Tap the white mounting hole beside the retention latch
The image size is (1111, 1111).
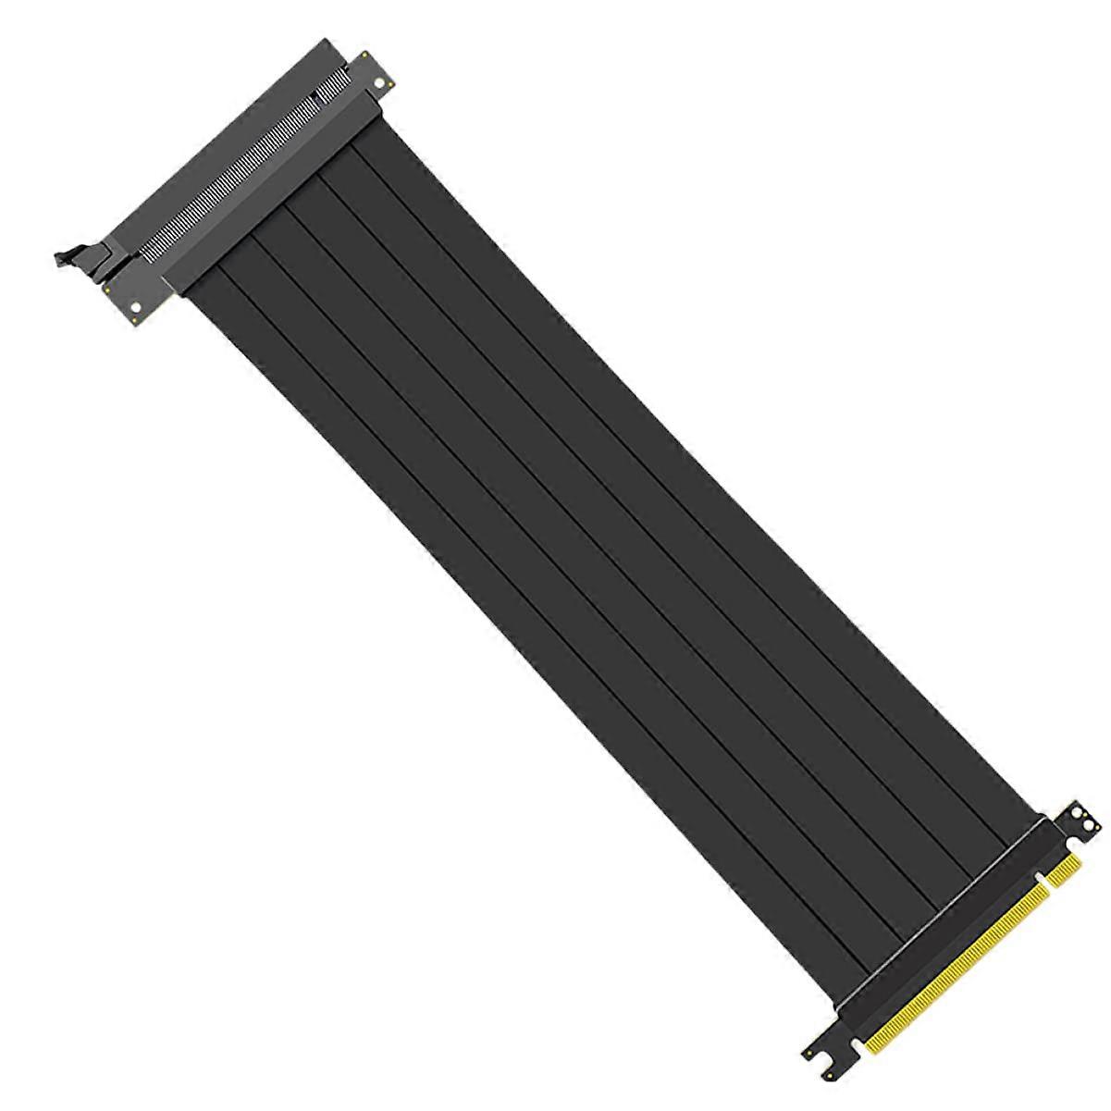[x=136, y=306]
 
